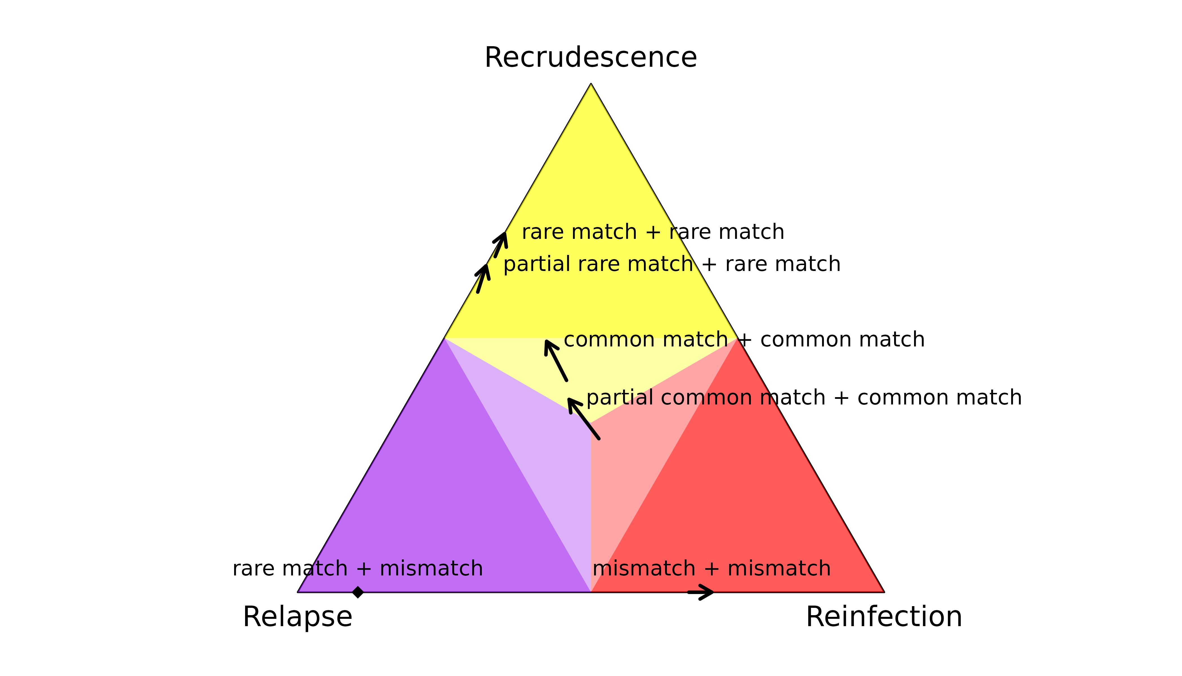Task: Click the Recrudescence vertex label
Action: point(590,57)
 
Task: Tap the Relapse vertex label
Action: point(297,617)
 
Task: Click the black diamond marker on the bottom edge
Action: point(358,592)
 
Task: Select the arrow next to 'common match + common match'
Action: point(555,360)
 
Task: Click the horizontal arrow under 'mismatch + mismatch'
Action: point(701,592)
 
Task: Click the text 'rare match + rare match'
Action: point(653,232)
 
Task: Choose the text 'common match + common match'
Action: point(744,340)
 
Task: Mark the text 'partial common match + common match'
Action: point(804,398)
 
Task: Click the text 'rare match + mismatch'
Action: point(358,569)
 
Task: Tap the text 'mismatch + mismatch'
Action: point(712,569)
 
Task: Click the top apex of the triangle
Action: point(590,84)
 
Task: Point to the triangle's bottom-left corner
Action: point(297,592)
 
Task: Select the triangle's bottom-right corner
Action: point(884,592)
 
